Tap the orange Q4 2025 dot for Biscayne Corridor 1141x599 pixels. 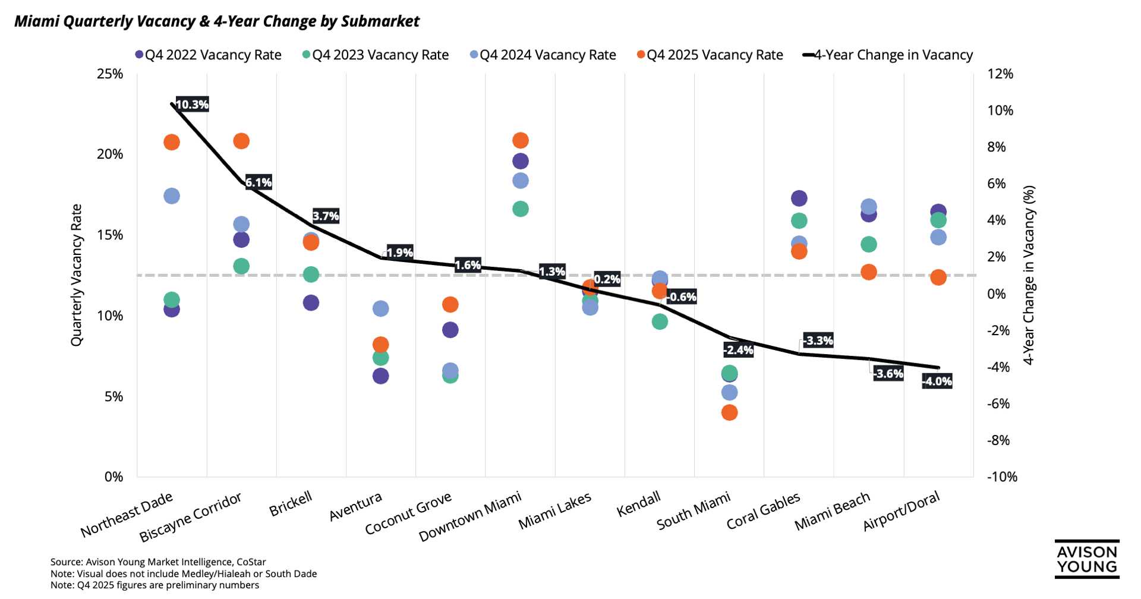(x=241, y=141)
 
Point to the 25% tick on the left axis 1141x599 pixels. (x=110, y=74)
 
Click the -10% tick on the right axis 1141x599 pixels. (x=1002, y=477)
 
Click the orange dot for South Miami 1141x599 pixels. (x=729, y=412)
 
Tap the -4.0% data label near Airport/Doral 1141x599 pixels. (x=937, y=382)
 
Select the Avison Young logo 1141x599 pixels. (x=1087, y=559)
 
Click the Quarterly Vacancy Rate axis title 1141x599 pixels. (x=76, y=275)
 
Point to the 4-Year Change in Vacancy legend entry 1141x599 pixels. (x=888, y=55)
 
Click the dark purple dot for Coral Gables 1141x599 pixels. (x=799, y=198)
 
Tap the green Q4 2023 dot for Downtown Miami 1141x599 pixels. (x=521, y=209)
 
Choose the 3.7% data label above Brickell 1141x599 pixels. (x=326, y=216)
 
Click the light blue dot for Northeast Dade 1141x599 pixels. (x=172, y=196)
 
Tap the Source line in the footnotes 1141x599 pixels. (x=158, y=562)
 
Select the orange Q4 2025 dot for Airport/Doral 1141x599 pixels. (x=938, y=278)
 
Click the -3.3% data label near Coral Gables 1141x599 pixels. (x=818, y=341)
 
